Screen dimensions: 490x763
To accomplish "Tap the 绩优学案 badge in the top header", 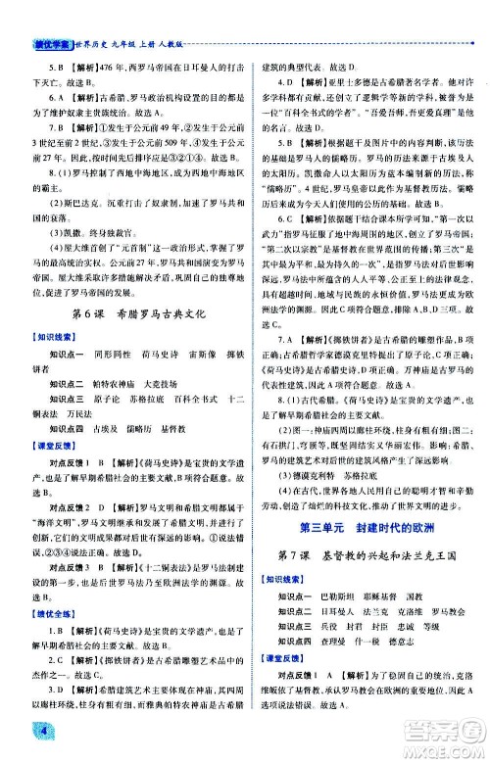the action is point(30,13).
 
